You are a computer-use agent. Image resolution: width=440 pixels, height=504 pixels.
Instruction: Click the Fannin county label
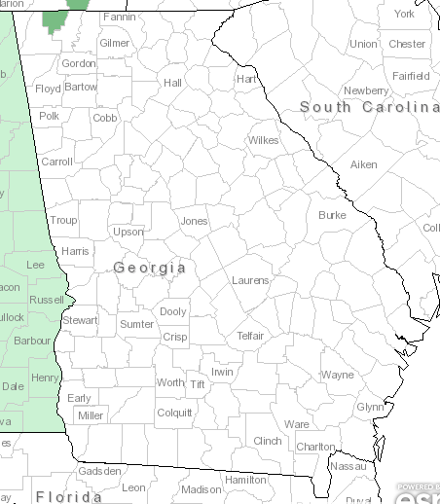pyautogui.click(x=119, y=17)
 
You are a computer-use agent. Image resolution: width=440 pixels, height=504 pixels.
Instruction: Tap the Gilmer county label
pyautogui.click(x=114, y=44)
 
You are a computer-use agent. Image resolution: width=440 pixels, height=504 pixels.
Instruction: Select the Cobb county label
pyautogui.click(x=105, y=118)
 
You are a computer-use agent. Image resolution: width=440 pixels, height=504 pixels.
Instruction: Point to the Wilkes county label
pyautogui.click(x=263, y=140)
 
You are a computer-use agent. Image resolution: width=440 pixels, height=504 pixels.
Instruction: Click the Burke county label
pyautogui.click(x=332, y=215)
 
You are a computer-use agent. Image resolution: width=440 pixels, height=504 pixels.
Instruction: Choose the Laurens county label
pyautogui.click(x=250, y=280)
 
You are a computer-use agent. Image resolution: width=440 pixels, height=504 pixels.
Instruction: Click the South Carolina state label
pyautogui.click(x=369, y=106)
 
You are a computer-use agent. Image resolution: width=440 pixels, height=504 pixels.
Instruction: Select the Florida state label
pyautogui.click(x=69, y=496)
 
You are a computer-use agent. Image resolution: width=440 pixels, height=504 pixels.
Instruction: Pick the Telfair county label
pyautogui.click(x=250, y=336)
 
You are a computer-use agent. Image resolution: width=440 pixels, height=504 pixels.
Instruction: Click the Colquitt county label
pyautogui.click(x=174, y=413)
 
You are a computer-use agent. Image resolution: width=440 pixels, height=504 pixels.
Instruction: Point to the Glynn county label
pyautogui.click(x=370, y=407)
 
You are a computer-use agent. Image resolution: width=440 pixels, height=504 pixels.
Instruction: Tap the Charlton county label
pyautogui.click(x=314, y=447)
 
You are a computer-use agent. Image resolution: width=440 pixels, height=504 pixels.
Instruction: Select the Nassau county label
pyautogui.click(x=348, y=467)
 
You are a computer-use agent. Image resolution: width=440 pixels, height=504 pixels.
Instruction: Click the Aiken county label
pyautogui.click(x=363, y=165)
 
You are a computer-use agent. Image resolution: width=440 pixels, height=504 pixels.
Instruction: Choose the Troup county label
pyautogui.click(x=63, y=221)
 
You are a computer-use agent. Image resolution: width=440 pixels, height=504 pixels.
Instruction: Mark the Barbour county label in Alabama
pyautogui.click(x=32, y=341)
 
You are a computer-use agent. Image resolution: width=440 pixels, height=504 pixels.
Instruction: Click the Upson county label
pyautogui.click(x=128, y=232)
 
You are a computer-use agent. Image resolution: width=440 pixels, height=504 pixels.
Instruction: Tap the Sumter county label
pyautogui.click(x=136, y=324)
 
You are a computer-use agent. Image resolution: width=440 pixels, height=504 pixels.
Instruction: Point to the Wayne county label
pyautogui.click(x=338, y=375)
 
